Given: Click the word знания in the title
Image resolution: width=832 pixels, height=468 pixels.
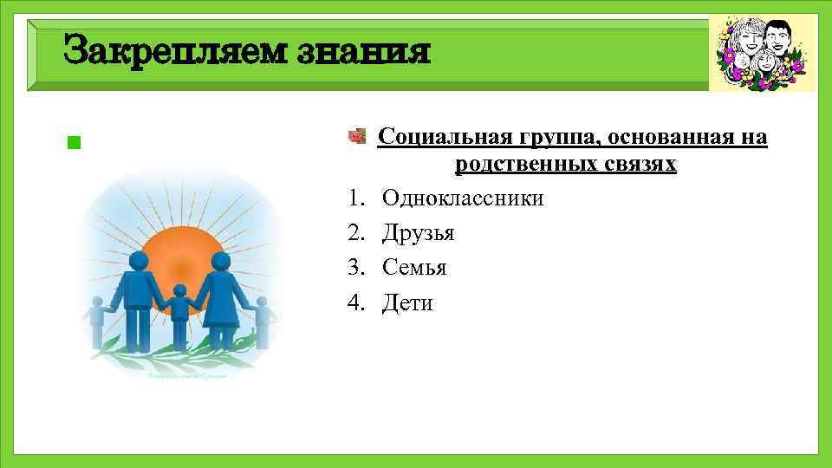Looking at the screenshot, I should (x=364, y=50).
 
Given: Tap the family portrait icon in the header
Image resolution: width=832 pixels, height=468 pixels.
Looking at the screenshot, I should (x=762, y=53).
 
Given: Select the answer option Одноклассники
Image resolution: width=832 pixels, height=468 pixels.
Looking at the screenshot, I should (x=463, y=198).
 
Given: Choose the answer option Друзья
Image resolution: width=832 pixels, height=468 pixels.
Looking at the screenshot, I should (x=418, y=233).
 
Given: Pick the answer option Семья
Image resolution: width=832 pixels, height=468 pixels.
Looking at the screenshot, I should (x=414, y=268).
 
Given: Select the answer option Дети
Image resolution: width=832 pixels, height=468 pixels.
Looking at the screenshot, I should (x=407, y=302).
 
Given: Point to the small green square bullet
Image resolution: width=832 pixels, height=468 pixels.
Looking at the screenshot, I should (x=73, y=142).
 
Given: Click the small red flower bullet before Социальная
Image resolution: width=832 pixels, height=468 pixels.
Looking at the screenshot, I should (x=355, y=136).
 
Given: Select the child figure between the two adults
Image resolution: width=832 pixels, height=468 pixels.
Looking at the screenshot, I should (x=179, y=316).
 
